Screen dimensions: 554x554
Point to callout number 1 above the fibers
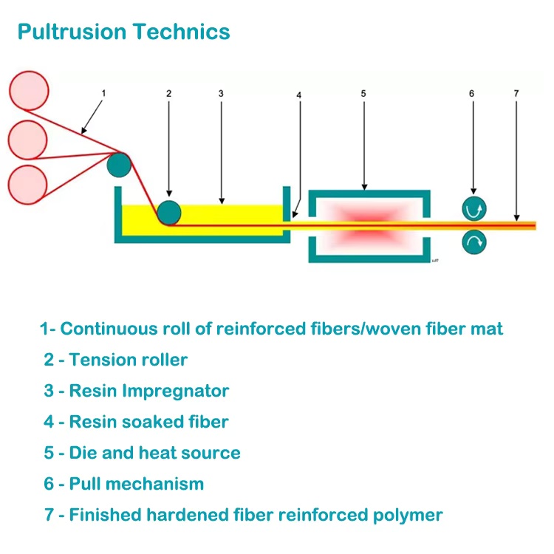pos(103,93)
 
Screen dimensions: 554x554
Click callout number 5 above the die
pos(363,94)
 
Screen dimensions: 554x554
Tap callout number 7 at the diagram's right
pos(516,94)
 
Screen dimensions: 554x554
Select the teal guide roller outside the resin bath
pos(118,164)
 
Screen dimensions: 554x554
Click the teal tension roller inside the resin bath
pos(169,212)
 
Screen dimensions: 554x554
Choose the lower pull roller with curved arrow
pos(473,241)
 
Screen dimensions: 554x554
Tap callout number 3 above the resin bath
pos(221,94)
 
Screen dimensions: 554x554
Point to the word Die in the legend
pos(83,453)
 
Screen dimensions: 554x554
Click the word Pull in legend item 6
pos(85,484)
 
